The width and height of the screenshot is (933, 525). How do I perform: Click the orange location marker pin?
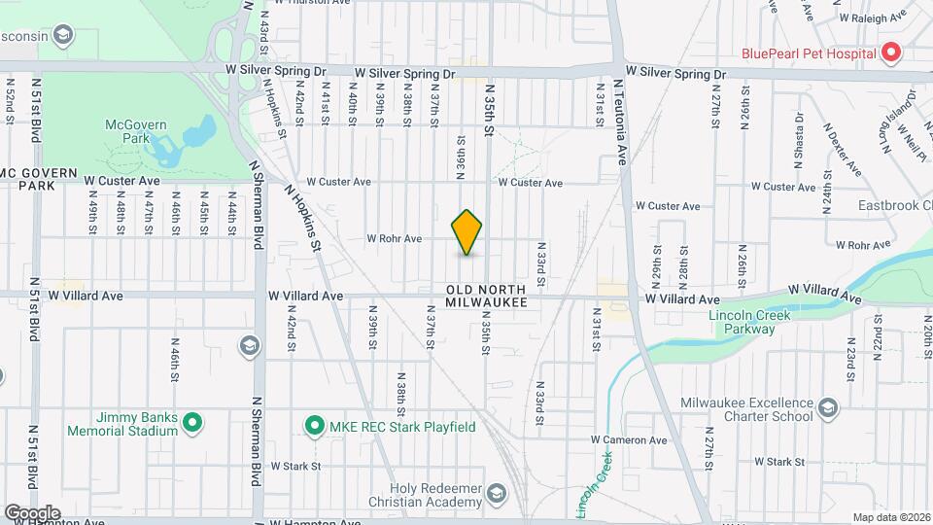pos(467,232)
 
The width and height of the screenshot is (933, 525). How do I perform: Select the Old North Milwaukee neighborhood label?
pos(486,297)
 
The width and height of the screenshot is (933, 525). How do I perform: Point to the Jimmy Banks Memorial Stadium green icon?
pos(192,422)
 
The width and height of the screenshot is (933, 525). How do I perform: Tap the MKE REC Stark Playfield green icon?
pos(314,426)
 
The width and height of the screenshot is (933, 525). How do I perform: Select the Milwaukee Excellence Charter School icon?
pos(828,405)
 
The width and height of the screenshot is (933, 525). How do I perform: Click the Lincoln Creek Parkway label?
pos(749,322)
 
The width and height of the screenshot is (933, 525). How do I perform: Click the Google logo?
pos(32,512)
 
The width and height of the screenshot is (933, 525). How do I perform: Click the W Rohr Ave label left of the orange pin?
pos(394,238)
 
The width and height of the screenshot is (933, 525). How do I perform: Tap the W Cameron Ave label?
pos(629,439)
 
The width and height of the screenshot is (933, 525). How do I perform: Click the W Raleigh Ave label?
pos(873,17)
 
